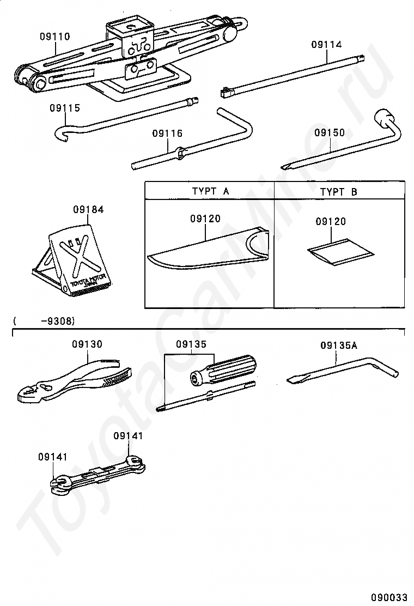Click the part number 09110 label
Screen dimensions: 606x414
pos(54,37)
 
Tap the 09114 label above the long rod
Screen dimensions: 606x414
pos(326,45)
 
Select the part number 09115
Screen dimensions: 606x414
pos(64,108)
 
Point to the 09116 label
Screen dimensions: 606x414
pos(167,134)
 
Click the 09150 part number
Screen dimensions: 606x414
pos(330,132)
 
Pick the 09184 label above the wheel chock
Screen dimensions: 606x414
pos(88,209)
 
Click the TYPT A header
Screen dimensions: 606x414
pos(210,191)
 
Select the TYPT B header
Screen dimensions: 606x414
pos(338,191)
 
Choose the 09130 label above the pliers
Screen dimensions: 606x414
pos(87,344)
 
